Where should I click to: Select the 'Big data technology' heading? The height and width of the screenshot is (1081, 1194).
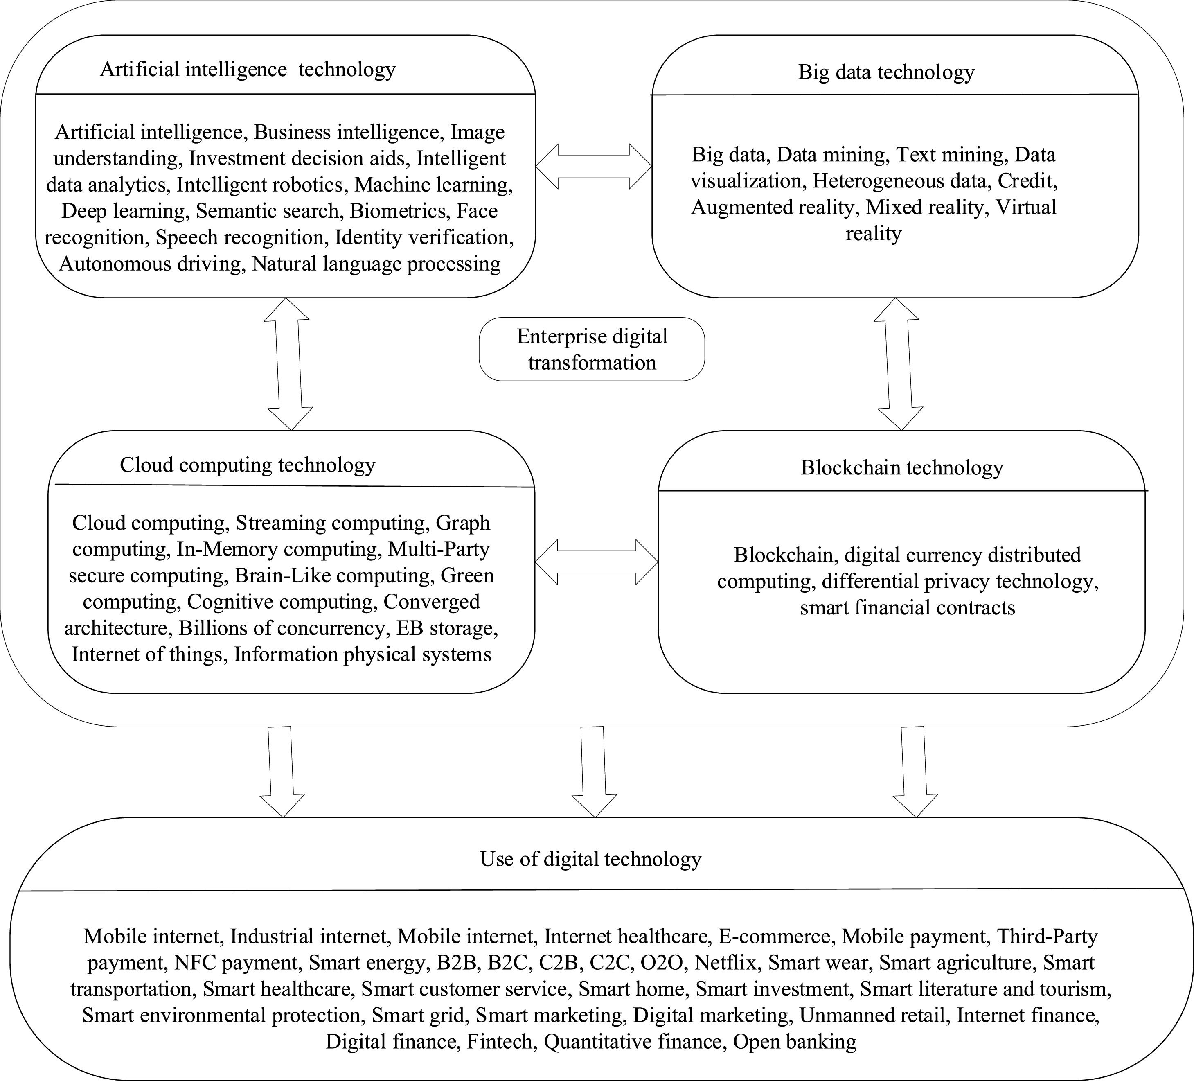tap(886, 72)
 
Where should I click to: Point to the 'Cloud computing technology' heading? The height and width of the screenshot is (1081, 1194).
tap(248, 465)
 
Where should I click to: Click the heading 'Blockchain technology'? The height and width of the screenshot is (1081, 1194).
tap(901, 468)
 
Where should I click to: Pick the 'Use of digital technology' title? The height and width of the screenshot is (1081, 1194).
tap(590, 859)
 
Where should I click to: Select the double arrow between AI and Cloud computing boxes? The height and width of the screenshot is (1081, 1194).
tap(288, 364)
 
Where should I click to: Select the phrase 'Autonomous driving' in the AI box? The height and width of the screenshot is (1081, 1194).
tap(151, 264)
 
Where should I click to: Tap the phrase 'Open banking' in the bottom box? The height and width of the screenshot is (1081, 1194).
tap(794, 1041)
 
